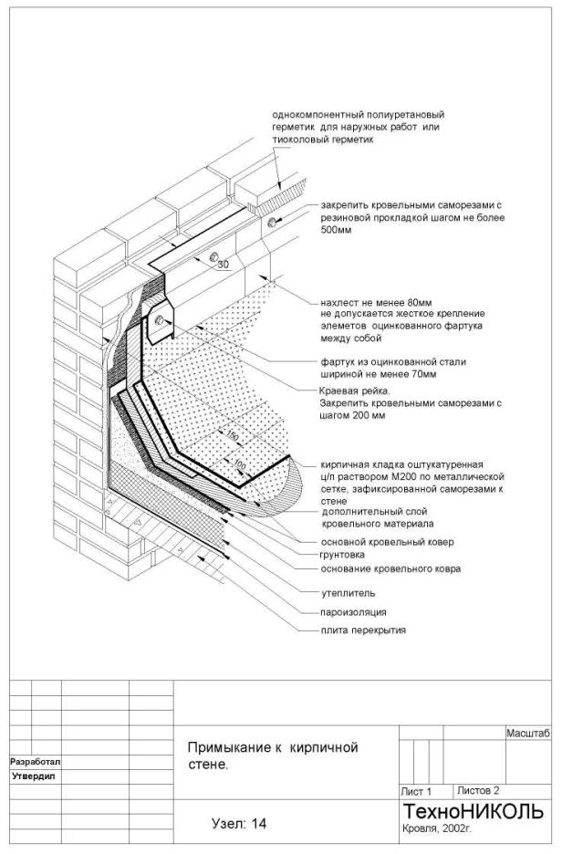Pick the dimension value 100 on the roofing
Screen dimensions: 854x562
238,467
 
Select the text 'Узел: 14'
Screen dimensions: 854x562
239,823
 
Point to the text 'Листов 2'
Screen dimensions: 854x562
478,790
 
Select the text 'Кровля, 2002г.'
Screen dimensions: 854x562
437,830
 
